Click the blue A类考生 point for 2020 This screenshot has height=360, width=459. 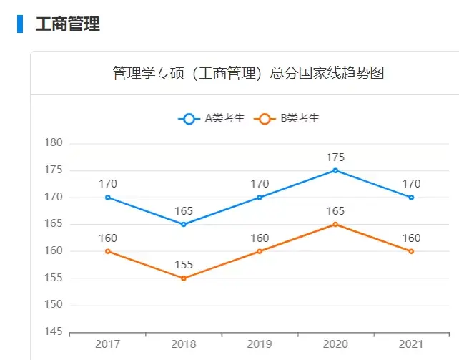pos(335,170)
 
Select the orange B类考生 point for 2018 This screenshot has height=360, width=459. pos(184,278)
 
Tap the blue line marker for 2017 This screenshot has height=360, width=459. pos(108,198)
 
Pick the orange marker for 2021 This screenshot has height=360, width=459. pos(411,251)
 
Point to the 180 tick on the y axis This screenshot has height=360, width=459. pos(55,143)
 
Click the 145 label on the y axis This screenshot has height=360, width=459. pos(55,332)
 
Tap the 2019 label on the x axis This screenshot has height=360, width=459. pos(260,344)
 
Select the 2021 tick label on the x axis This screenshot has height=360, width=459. pos(411,344)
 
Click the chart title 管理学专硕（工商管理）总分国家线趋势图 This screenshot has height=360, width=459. pos(248,73)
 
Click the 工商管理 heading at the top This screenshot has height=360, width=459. pos(67,24)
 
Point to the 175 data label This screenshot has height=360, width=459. pos(335,157)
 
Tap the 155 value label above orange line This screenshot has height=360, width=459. pos(184,265)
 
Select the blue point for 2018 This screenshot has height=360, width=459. pos(184,224)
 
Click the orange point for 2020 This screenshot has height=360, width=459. pos(335,224)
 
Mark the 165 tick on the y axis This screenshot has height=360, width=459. pos(55,224)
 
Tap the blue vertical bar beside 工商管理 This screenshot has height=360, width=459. pos(20,24)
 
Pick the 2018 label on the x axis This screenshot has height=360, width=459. pos(184,344)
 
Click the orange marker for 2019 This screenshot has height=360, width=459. pos(260,251)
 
